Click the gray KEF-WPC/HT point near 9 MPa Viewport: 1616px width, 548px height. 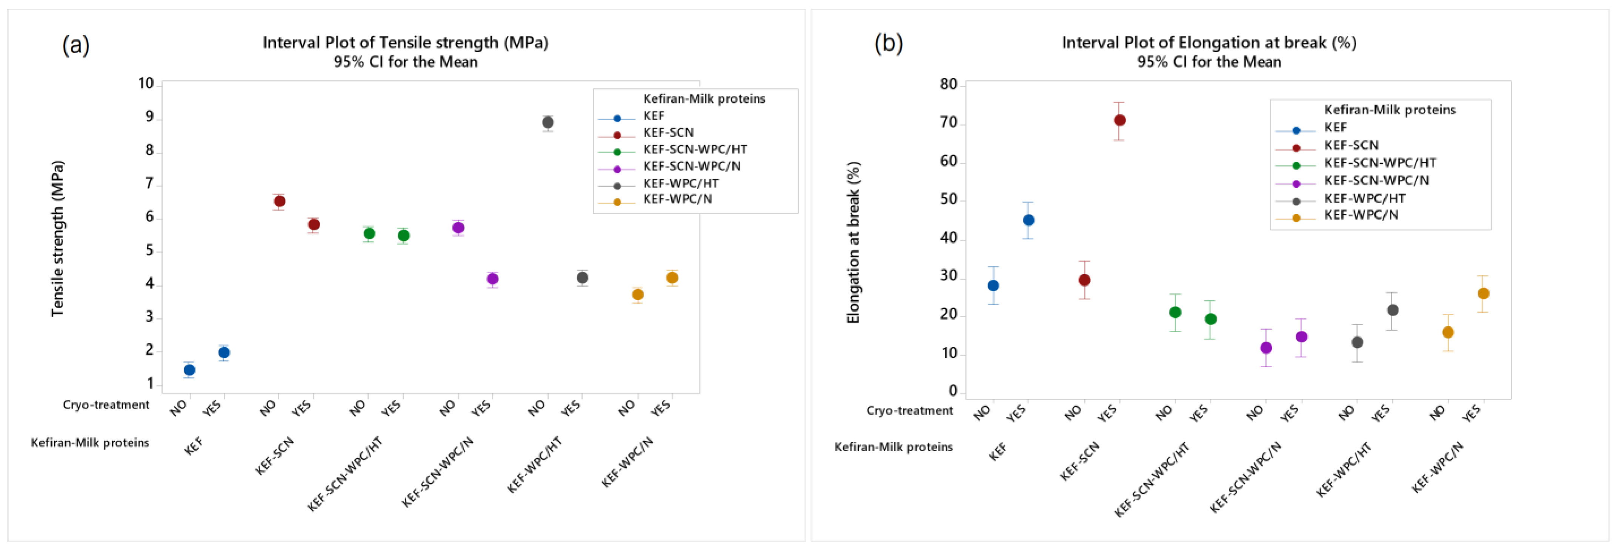(547, 122)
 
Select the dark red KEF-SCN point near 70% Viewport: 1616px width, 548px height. (1120, 120)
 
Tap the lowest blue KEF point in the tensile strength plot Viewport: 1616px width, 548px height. (189, 370)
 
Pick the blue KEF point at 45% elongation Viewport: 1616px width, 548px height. (1029, 220)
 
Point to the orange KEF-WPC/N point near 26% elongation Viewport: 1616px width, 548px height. (1484, 293)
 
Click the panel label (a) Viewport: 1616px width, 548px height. (76, 45)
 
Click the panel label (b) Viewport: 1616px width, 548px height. (888, 43)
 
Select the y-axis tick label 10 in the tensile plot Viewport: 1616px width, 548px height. (146, 83)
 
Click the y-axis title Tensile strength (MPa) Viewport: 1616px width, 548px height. (58, 239)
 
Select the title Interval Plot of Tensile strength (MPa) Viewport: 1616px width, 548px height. (405, 43)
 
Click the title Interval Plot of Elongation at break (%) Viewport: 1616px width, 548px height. (1209, 43)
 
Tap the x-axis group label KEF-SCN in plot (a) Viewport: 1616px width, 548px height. (274, 456)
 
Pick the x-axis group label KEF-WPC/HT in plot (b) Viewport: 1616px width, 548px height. (1343, 469)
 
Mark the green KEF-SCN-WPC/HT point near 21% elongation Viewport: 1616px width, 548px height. (1175, 312)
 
